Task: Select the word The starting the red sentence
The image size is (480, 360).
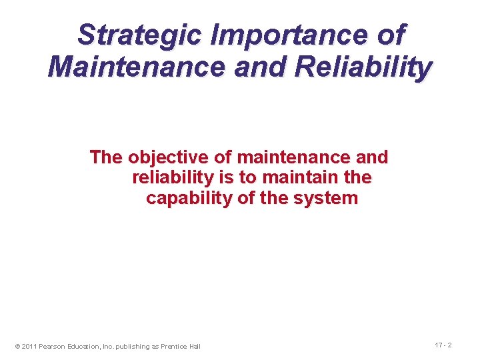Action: point(107,157)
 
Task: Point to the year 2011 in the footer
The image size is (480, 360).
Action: point(29,346)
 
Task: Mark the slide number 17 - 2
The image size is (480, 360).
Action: point(443,345)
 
